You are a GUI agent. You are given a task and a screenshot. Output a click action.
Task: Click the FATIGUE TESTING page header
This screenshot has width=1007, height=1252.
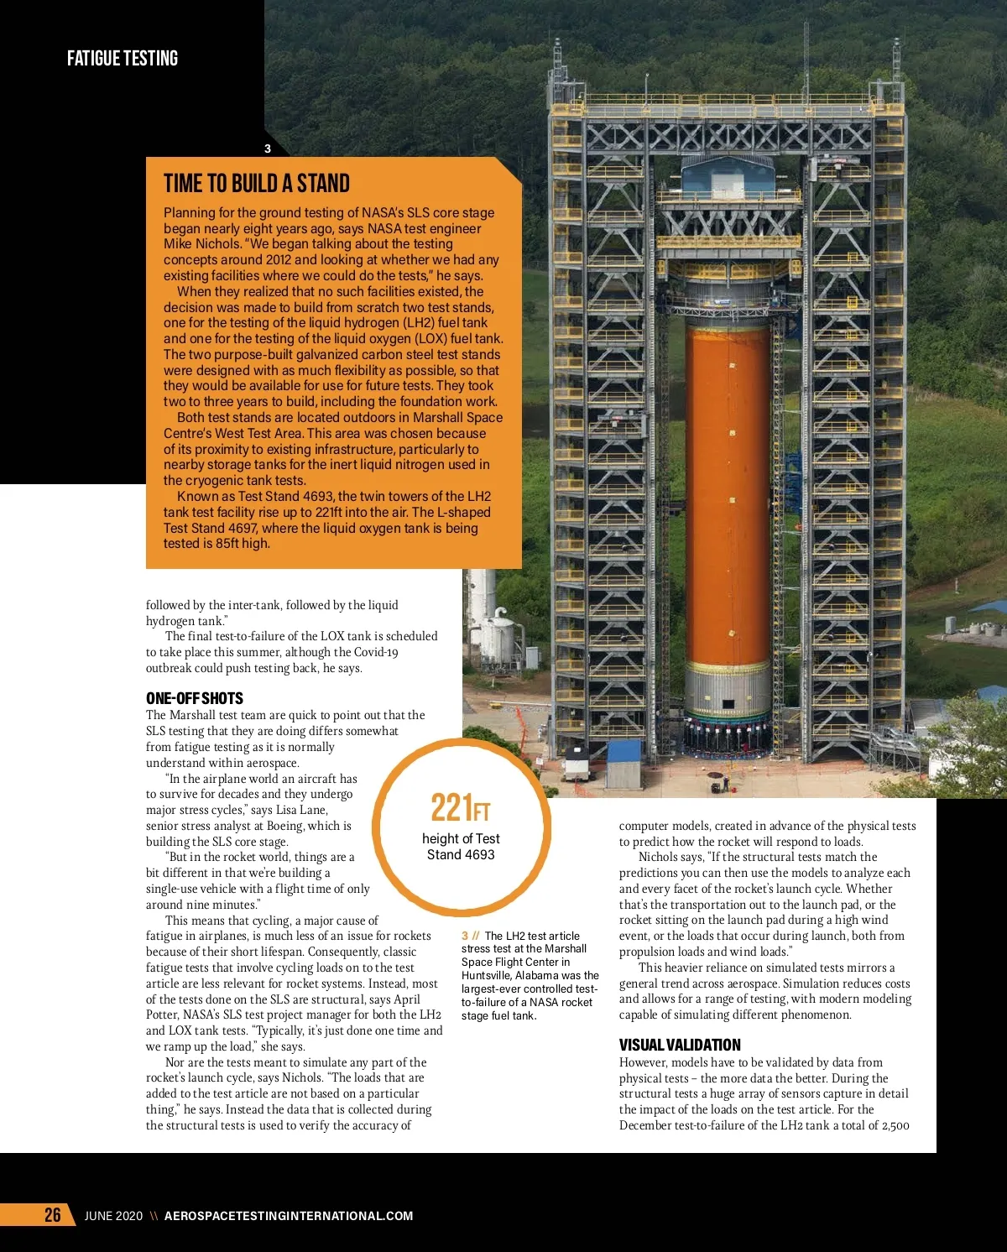[x=123, y=59]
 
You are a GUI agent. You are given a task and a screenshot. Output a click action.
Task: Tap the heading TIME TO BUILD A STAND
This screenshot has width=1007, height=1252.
[x=257, y=184]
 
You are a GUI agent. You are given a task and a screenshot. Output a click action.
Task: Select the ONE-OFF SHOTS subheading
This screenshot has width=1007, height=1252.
[x=195, y=698]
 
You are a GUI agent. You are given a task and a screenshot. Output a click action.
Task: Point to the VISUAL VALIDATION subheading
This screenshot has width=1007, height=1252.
[x=680, y=1045]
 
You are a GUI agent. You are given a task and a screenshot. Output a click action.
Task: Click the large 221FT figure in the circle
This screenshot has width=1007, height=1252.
[x=460, y=808]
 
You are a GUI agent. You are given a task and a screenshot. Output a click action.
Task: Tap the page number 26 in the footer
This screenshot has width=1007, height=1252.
[x=53, y=1215]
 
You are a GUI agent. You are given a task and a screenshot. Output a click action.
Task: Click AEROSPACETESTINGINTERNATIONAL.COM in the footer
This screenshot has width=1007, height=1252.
[x=289, y=1216]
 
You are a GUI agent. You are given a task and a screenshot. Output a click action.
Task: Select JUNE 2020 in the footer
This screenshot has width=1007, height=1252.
[x=113, y=1216]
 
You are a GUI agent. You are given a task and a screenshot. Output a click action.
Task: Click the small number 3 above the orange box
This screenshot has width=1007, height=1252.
[x=268, y=149]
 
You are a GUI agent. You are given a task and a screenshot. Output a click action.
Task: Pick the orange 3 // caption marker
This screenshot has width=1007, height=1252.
[x=470, y=936]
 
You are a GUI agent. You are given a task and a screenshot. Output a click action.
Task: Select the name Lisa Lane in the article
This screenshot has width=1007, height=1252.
[x=301, y=810]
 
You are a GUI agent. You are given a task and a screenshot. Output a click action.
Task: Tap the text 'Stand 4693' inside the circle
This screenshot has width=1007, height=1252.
[x=461, y=855]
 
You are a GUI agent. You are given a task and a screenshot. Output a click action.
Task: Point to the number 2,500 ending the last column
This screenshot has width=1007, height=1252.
[x=895, y=1125]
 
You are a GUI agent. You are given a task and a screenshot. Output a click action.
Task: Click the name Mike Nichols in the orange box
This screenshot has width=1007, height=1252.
[x=202, y=244]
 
